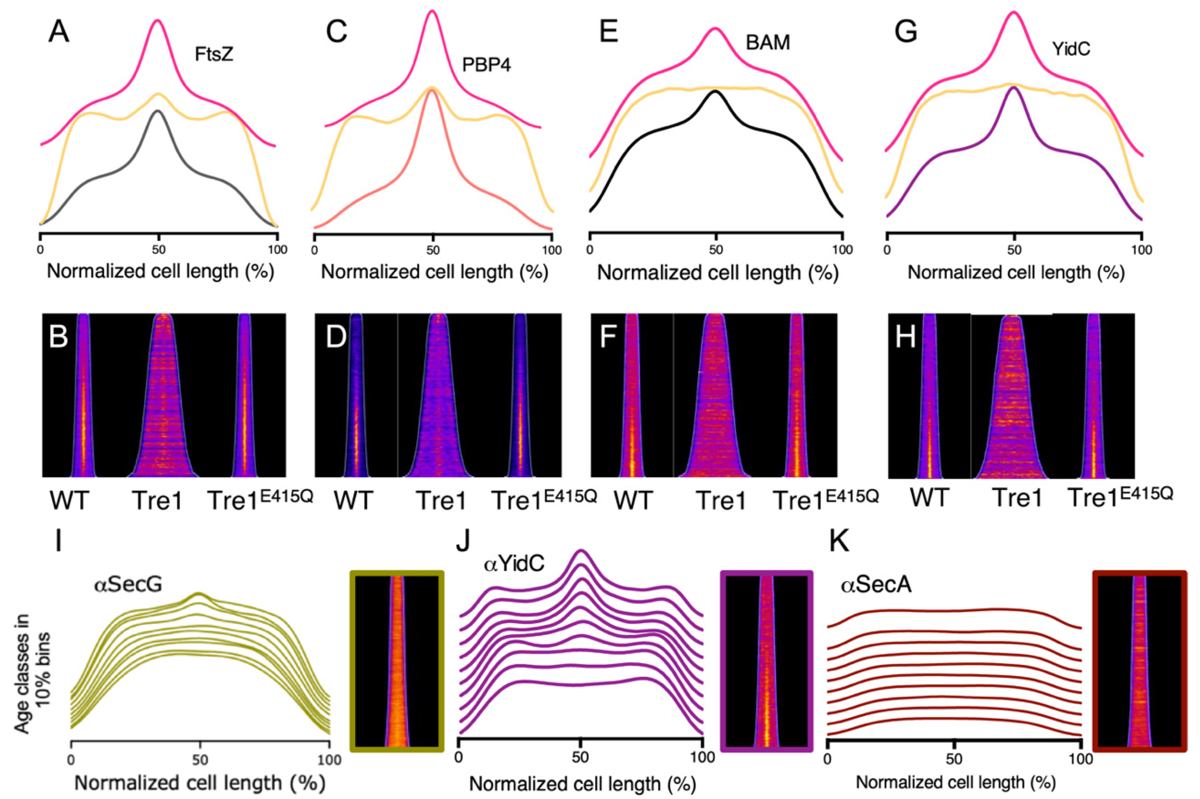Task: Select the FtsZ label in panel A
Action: (214, 68)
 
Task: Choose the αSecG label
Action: (128, 584)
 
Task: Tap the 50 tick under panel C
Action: (433, 250)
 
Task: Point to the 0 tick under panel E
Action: (590, 250)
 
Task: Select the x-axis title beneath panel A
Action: (160, 271)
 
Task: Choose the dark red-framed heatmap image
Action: (1140, 661)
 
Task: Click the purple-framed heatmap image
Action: (766, 661)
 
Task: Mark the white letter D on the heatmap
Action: (336, 337)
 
